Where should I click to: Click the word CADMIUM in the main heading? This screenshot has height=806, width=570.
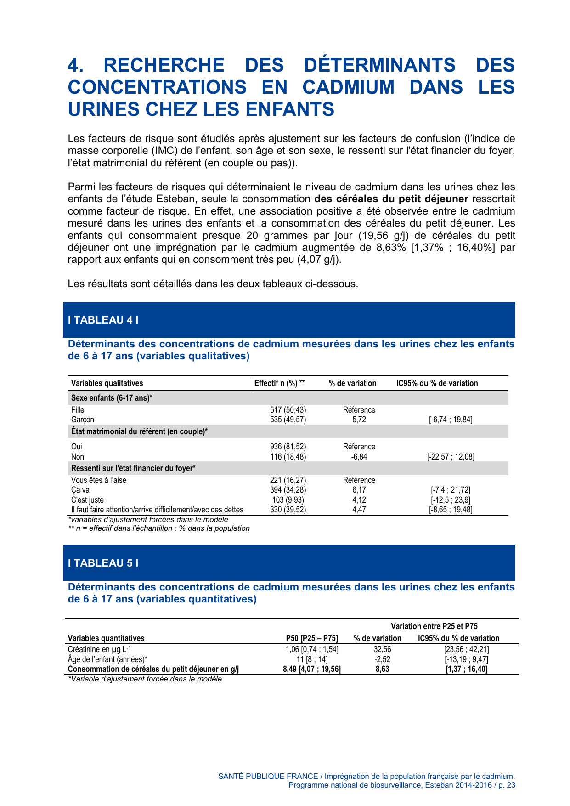(348, 87)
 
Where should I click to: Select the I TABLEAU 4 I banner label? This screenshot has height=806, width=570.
(103, 320)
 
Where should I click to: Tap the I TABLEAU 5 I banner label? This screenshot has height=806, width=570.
(103, 563)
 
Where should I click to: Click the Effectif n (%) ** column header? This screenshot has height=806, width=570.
(279, 383)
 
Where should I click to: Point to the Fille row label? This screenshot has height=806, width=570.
(78, 410)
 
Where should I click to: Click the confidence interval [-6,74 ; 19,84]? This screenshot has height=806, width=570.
(451, 420)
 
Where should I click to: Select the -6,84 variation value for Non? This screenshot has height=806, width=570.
(359, 457)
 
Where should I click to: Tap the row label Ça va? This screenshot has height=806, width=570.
(80, 490)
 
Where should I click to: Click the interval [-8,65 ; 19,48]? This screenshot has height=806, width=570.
(451, 510)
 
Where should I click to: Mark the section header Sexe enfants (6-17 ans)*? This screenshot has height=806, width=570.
(112, 398)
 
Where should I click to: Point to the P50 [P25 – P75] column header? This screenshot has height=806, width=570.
(312, 638)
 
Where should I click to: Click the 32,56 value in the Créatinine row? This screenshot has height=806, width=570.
(382, 649)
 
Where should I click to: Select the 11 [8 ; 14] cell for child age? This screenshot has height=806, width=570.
(312, 659)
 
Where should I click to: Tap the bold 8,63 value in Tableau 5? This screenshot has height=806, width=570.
(382, 669)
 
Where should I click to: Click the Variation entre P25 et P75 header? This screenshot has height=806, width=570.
(434, 626)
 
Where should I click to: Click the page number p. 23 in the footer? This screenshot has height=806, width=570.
(507, 785)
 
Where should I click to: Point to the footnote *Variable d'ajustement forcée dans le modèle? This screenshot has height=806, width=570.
(145, 679)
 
